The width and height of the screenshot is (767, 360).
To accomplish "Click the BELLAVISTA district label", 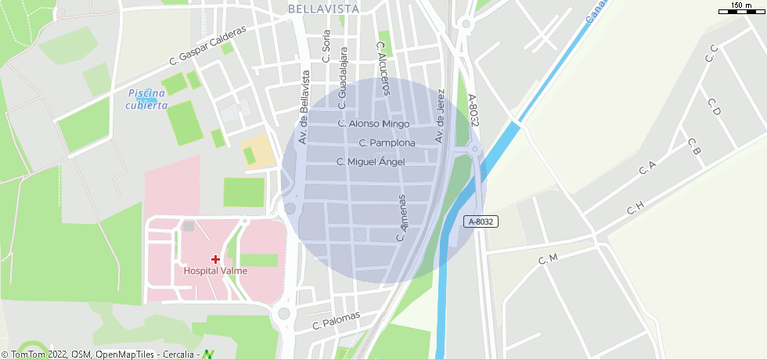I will (323, 9).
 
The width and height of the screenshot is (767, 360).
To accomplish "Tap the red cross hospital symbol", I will (215, 259).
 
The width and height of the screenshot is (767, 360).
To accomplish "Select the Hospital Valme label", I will (215, 271).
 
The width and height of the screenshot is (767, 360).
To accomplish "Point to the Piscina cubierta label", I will (147, 99).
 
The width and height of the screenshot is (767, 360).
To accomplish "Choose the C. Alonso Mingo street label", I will (373, 124).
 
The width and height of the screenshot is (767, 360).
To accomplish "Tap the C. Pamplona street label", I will (387, 143).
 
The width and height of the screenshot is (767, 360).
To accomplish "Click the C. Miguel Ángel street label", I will (370, 162).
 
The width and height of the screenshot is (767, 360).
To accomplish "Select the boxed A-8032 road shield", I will (481, 221).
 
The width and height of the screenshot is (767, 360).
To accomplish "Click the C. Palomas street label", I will (336, 320).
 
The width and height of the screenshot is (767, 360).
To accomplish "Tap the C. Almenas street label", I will (403, 218).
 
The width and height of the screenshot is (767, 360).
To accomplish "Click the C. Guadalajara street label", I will (343, 77).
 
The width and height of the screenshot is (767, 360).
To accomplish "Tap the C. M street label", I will (548, 259).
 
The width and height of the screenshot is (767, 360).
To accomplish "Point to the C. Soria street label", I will (326, 46).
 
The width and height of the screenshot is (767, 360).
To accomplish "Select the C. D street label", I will (714, 106).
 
